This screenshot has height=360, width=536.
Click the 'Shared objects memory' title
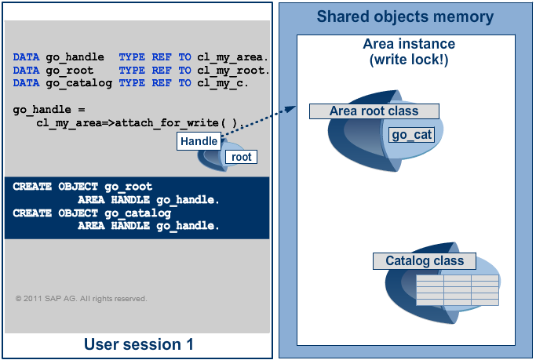(405, 16)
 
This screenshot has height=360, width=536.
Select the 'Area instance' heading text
(406, 45)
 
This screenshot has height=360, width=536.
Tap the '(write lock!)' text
(406, 60)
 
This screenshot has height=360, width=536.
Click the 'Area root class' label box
(374, 111)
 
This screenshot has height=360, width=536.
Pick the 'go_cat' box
(412, 136)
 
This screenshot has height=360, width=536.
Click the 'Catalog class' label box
(425, 261)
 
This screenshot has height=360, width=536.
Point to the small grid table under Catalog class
(456, 290)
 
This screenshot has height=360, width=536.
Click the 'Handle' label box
(199, 141)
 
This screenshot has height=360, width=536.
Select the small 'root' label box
(241, 157)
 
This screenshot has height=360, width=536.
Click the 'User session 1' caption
(138, 344)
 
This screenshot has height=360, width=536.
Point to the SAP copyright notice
(81, 299)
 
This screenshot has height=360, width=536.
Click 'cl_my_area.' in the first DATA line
(233, 57)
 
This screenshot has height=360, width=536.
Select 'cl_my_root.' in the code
(233, 70)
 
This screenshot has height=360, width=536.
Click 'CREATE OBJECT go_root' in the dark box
(82, 187)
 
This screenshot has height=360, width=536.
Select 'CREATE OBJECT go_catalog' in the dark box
(92, 213)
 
